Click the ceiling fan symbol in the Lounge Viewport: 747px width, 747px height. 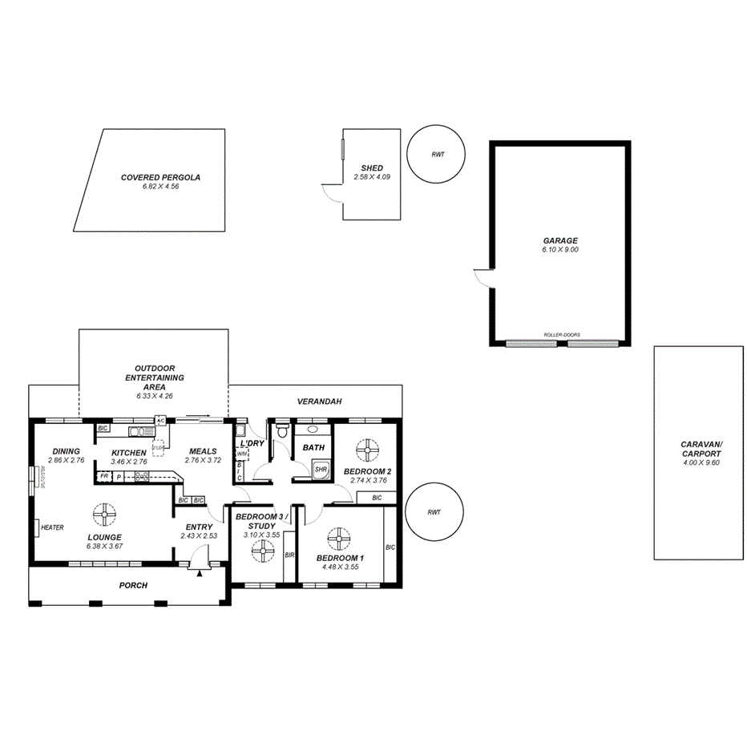pyautogui.click(x=103, y=511)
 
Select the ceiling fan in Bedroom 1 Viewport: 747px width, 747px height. pyautogui.click(x=337, y=537)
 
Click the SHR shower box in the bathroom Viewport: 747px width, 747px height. pyautogui.click(x=321, y=469)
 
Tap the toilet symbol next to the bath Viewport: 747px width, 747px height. pyautogui.click(x=281, y=433)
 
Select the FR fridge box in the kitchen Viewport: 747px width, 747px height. pyautogui.click(x=103, y=476)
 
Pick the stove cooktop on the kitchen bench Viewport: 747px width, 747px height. pyautogui.click(x=142, y=476)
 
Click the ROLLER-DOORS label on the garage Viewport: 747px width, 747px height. pyautogui.click(x=561, y=335)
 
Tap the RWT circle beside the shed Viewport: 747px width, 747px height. pyautogui.click(x=437, y=155)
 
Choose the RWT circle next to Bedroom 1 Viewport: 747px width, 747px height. pyautogui.click(x=434, y=512)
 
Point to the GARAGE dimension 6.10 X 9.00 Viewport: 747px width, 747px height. pyautogui.click(x=559, y=250)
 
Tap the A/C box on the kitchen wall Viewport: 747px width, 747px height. pyautogui.click(x=160, y=420)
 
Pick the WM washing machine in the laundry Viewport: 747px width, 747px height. pyautogui.click(x=240, y=454)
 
